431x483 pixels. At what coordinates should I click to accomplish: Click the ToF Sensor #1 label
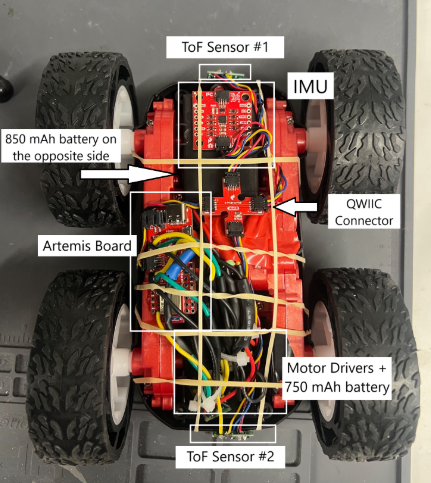[x=225, y=47]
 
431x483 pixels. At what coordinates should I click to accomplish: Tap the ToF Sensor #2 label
[x=230, y=456]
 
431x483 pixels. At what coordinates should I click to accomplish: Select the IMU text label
[x=311, y=86]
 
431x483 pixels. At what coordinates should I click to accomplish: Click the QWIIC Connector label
[x=364, y=212]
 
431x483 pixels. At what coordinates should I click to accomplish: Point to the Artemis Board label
[x=87, y=246]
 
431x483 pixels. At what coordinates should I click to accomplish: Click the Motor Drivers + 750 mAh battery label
[x=337, y=378]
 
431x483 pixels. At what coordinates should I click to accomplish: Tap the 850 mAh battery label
[x=61, y=147]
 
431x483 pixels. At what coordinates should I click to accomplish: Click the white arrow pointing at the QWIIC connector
[x=296, y=207]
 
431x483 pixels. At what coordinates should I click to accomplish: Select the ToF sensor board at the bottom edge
[x=231, y=435]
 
